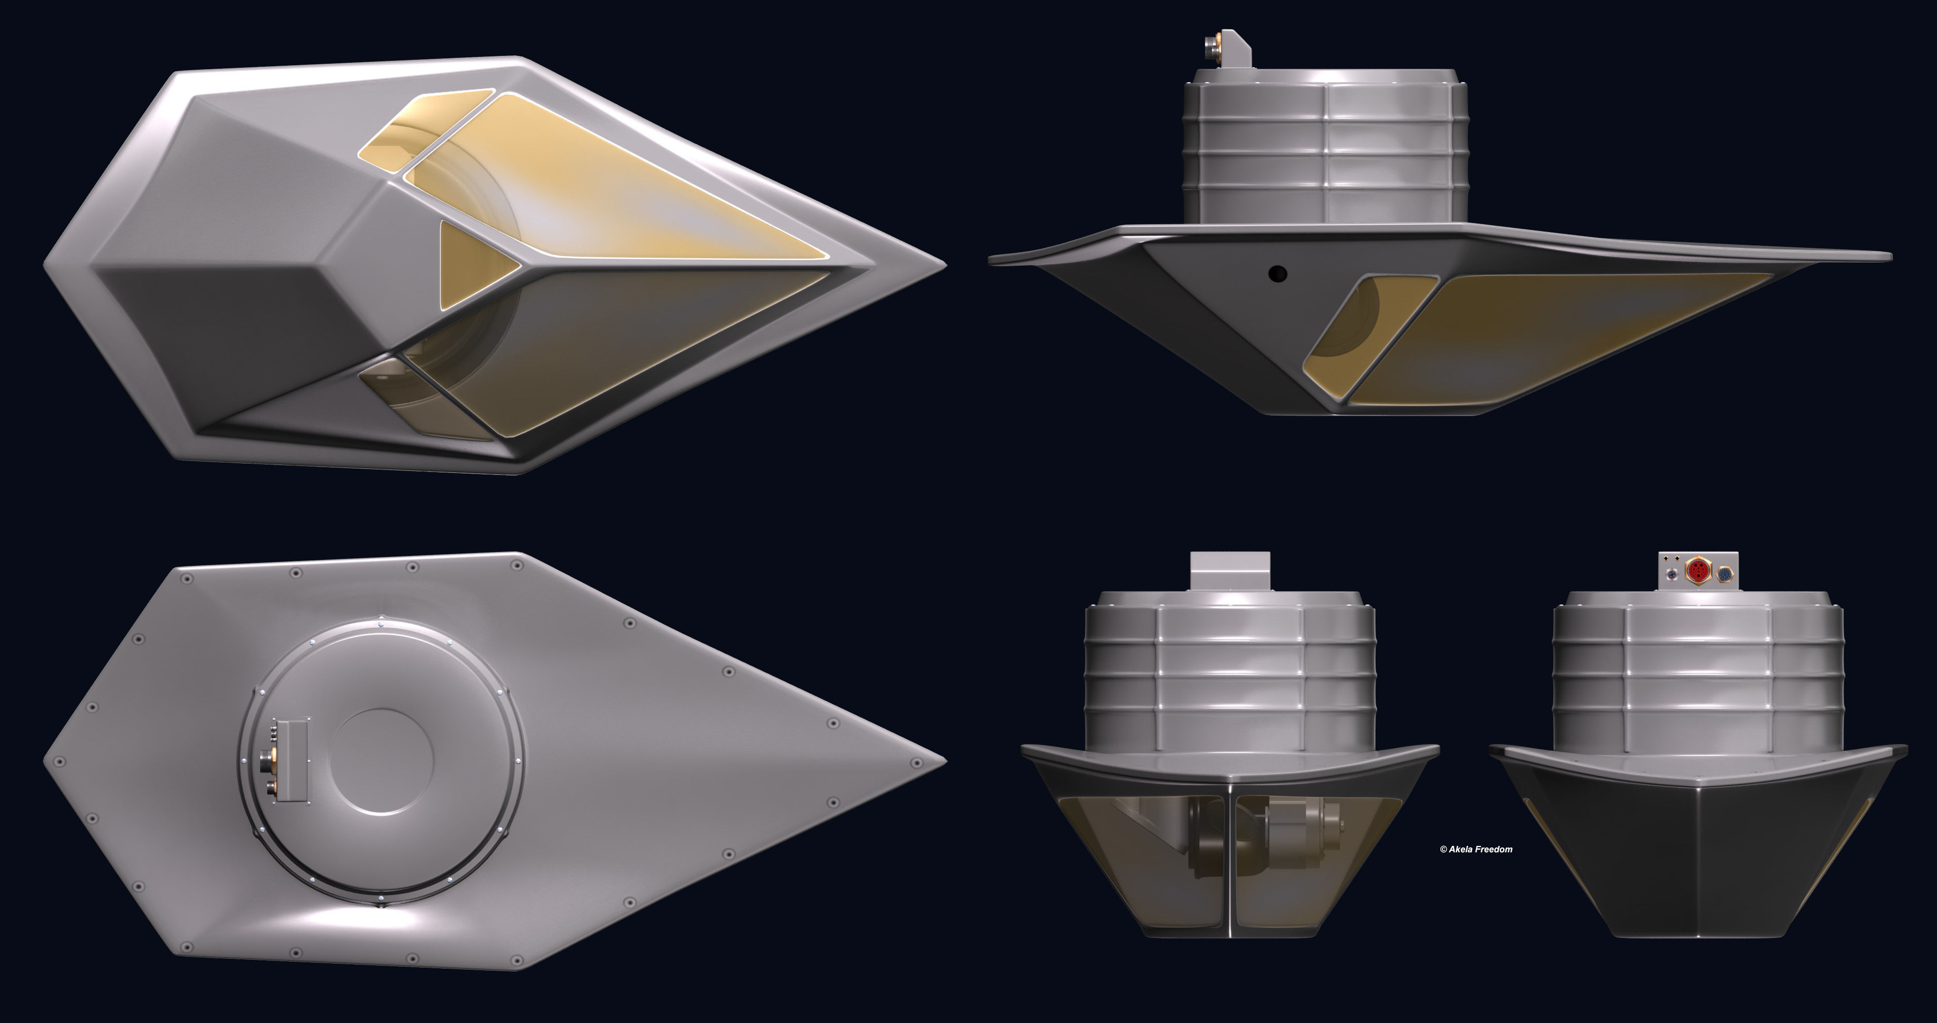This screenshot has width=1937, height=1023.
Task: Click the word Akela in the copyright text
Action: point(1462,849)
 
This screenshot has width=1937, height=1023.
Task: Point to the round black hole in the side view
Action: point(1277,273)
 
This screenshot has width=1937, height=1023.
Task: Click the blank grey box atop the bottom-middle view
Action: point(1230,571)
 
